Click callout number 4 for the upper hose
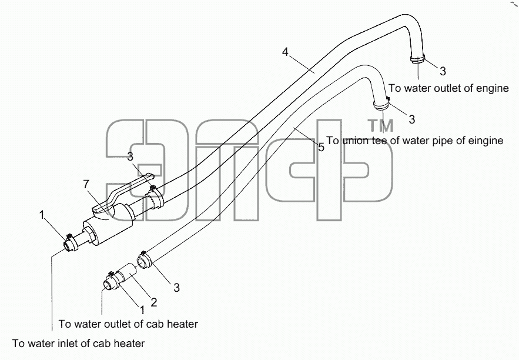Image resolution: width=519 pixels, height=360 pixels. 285,52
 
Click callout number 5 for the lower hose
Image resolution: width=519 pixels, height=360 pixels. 322,147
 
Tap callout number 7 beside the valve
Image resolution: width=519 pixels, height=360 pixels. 86,184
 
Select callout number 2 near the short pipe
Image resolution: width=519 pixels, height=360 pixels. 153,302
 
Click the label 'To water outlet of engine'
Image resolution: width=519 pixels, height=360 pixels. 448,88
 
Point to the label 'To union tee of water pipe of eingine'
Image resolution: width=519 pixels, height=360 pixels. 415,141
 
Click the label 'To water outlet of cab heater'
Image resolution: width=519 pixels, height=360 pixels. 128,324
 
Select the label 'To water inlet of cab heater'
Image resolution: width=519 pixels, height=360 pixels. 78,343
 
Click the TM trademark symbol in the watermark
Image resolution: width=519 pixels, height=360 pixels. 381,125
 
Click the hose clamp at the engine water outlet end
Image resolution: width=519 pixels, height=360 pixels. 417,59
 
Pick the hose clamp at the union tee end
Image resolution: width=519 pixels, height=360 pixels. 381,104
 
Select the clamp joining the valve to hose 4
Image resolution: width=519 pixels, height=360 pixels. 154,198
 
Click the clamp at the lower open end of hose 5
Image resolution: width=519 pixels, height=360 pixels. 145,259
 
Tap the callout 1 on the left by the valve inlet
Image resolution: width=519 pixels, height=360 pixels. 42,215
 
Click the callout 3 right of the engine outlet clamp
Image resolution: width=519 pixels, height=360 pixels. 443,71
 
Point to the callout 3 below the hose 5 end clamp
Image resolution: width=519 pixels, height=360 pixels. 176,288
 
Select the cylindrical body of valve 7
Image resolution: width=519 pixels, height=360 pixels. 108,226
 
